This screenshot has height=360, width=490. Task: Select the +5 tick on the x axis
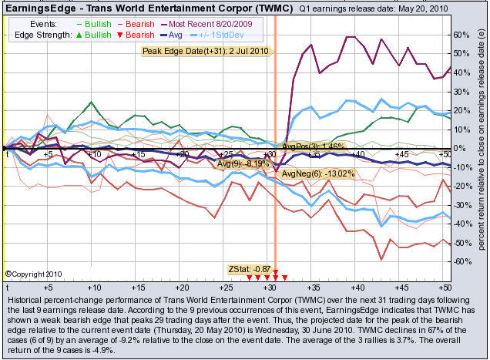[x=48, y=155]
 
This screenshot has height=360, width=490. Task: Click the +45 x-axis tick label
[x=401, y=155]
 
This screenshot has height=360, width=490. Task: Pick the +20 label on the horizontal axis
[x=181, y=155]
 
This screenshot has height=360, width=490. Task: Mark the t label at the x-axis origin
[x=7, y=155]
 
